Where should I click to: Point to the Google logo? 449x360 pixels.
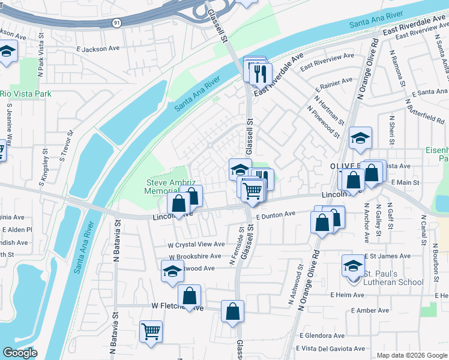20,353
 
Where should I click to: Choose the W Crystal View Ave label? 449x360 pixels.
196,244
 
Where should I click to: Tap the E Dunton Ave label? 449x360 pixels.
276,214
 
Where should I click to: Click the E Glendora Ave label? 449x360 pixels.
322,335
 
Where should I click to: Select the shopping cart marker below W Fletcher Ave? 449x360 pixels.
151,331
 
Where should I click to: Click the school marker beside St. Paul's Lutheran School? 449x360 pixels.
353,265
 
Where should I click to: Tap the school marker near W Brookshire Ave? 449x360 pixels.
172,271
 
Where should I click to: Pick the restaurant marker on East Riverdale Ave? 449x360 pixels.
260,74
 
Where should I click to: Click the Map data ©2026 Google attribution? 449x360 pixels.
411,355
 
